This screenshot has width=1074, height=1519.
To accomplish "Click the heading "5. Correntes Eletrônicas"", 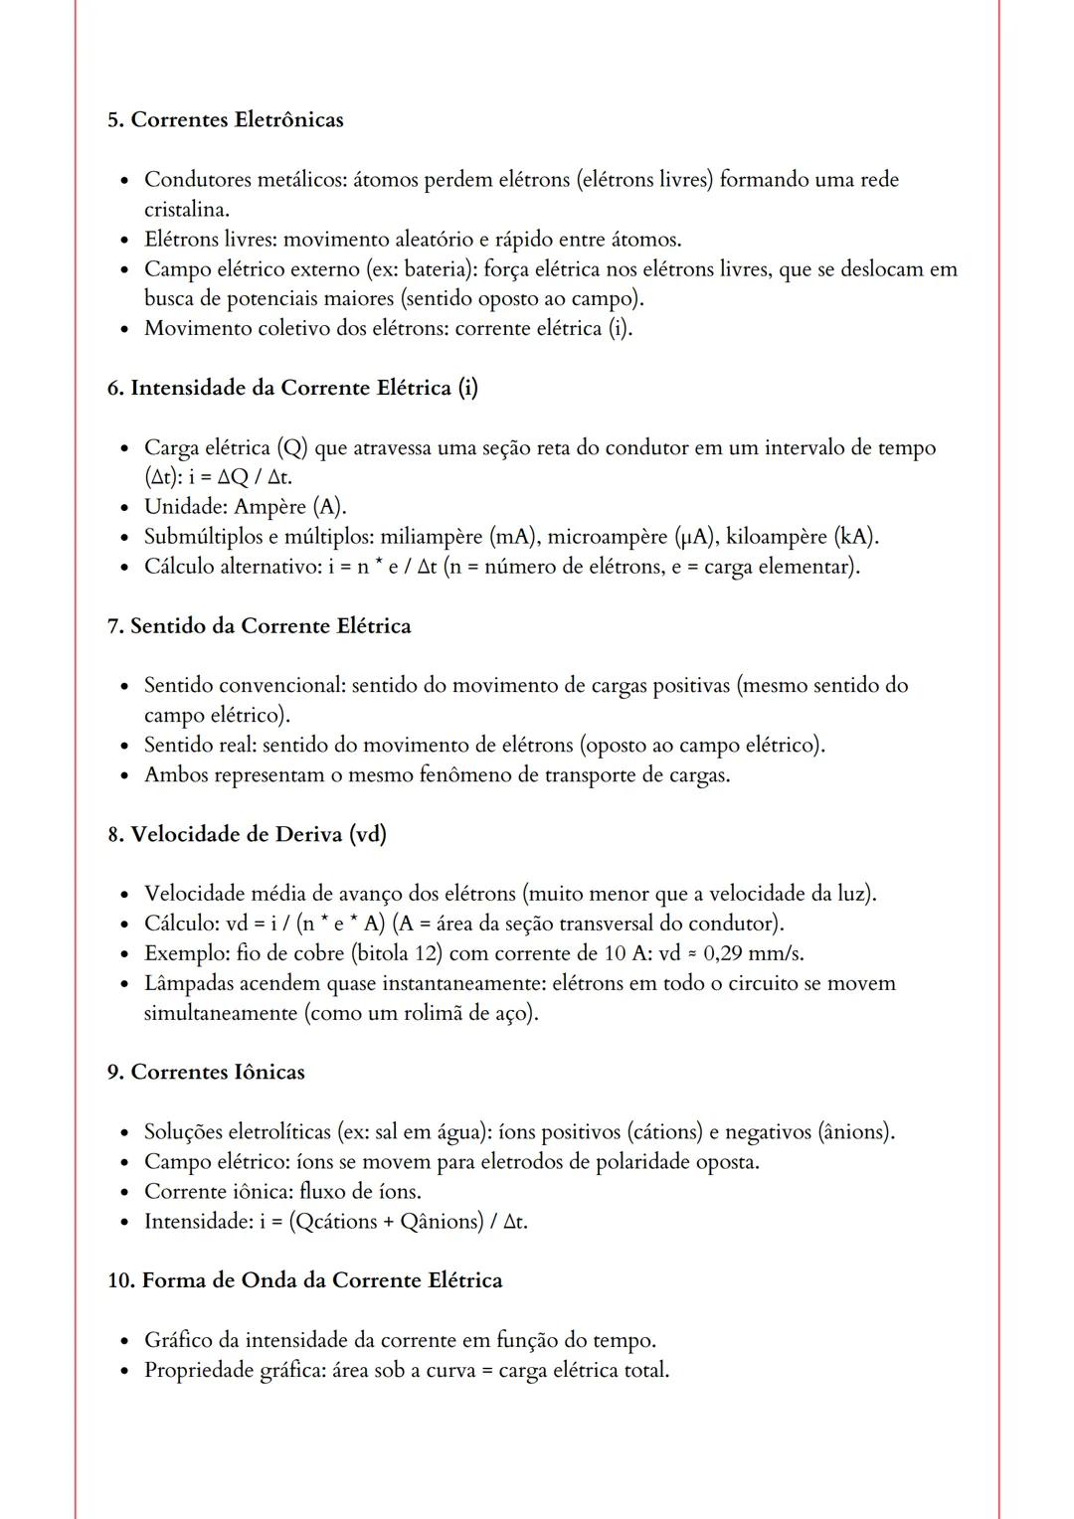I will click(x=225, y=120).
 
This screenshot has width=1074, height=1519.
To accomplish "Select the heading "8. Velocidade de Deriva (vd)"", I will click(x=247, y=834).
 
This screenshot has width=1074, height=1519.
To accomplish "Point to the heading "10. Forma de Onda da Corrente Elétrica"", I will click(x=304, y=1280).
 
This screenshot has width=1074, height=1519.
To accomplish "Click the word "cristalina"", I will click(x=185, y=210).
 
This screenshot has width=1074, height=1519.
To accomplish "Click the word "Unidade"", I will click(x=185, y=507).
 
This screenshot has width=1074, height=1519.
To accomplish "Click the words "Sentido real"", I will click(x=200, y=746).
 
